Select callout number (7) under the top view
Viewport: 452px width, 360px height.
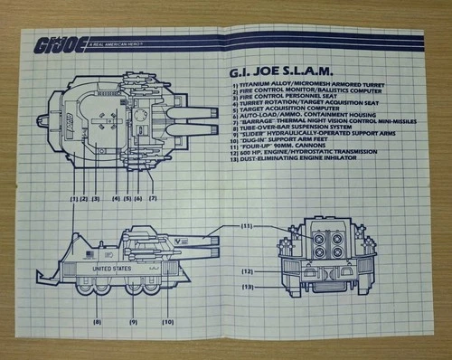click(x=153, y=196)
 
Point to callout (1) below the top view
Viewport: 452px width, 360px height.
click(x=71, y=196)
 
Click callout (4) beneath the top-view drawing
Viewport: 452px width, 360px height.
click(x=116, y=196)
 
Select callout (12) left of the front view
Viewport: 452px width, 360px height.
click(x=247, y=270)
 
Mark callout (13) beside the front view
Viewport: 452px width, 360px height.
click(x=247, y=287)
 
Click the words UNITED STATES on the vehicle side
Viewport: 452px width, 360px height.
click(x=110, y=269)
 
